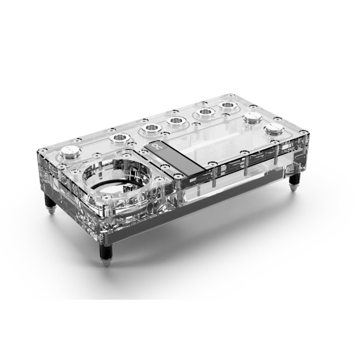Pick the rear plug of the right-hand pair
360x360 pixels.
(251, 119)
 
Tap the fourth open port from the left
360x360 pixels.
(204, 113)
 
